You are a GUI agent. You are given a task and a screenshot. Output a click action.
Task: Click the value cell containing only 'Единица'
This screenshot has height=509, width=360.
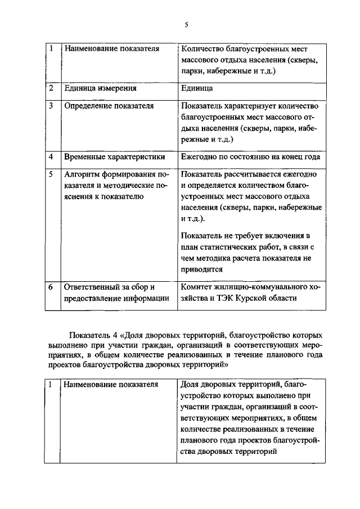click(197, 88)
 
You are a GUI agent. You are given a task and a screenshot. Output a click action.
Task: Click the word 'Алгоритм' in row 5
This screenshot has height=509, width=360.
click(84, 174)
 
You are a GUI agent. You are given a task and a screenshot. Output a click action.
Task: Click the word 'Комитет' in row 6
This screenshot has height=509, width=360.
click(197, 287)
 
